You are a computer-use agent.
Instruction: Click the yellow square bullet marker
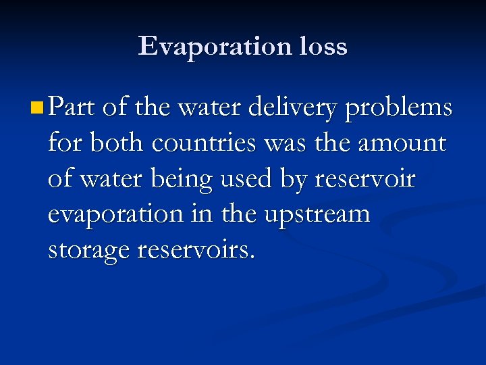tap(38, 107)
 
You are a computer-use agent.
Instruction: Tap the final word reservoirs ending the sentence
tap(196, 250)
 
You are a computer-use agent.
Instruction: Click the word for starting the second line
tap(63, 143)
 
